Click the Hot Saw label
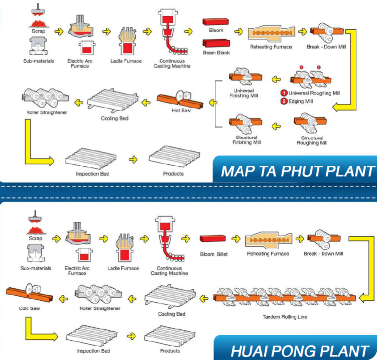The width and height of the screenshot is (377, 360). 181,111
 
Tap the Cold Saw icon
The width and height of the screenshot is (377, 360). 29,293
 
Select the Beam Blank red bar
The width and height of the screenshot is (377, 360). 216,44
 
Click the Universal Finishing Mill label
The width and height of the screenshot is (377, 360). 243,93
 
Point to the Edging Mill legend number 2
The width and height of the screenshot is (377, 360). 284,101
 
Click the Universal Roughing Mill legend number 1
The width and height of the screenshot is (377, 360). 284,93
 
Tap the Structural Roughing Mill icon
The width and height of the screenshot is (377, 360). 310,123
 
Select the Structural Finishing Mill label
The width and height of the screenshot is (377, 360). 246,140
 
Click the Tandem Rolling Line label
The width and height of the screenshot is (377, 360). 285,317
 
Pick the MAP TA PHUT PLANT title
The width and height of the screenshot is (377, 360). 297,171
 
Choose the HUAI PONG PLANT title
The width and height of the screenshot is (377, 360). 299,351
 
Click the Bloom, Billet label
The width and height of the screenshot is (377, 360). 214,254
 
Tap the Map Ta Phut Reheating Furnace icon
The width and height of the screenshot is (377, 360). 271,33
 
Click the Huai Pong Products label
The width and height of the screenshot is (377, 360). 170,351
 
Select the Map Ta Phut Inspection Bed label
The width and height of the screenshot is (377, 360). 92,174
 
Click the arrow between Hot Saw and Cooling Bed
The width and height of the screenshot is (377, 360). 146,103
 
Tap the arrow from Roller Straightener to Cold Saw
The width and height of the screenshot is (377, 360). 63,299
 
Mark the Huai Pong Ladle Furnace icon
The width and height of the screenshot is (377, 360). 124,248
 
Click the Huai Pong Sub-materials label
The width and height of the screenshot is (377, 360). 35,268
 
